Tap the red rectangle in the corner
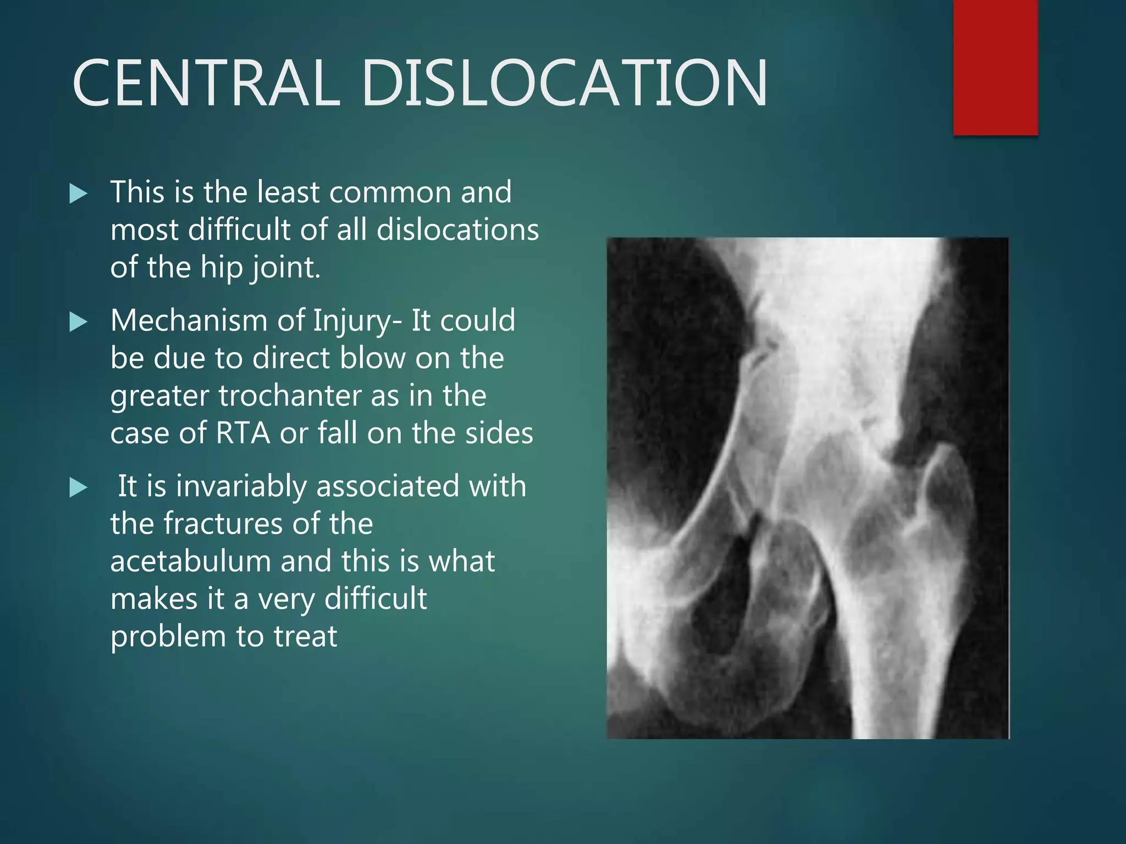pyautogui.click(x=995, y=67)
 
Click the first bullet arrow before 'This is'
pyautogui.click(x=79, y=194)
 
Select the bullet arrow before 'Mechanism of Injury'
pyautogui.click(x=79, y=322)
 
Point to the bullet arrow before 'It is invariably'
pyautogui.click(x=79, y=487)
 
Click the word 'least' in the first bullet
pyautogui.click(x=289, y=192)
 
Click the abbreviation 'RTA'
pyautogui.click(x=243, y=433)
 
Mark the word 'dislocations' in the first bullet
pyautogui.click(x=457, y=230)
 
